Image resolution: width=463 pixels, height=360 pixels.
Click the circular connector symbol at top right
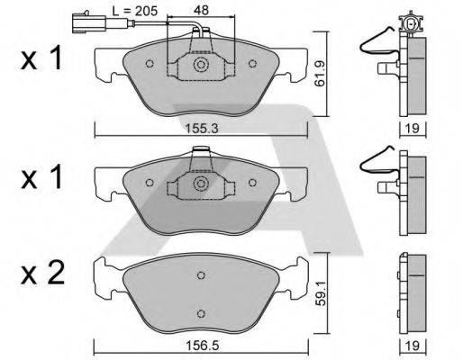(413, 25)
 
